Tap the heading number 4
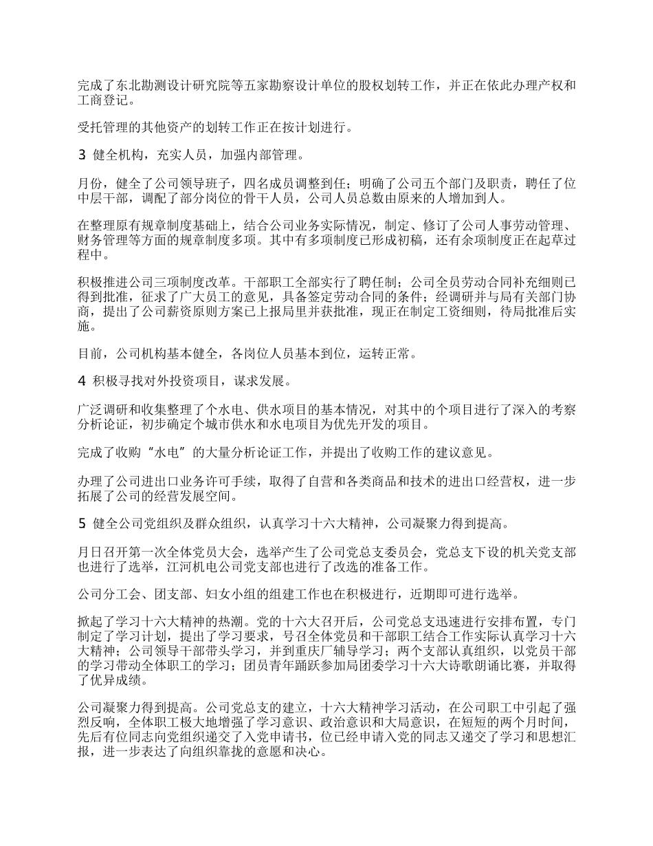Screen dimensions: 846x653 point(81,380)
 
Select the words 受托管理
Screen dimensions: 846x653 point(101,127)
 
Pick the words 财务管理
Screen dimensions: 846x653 point(101,241)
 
